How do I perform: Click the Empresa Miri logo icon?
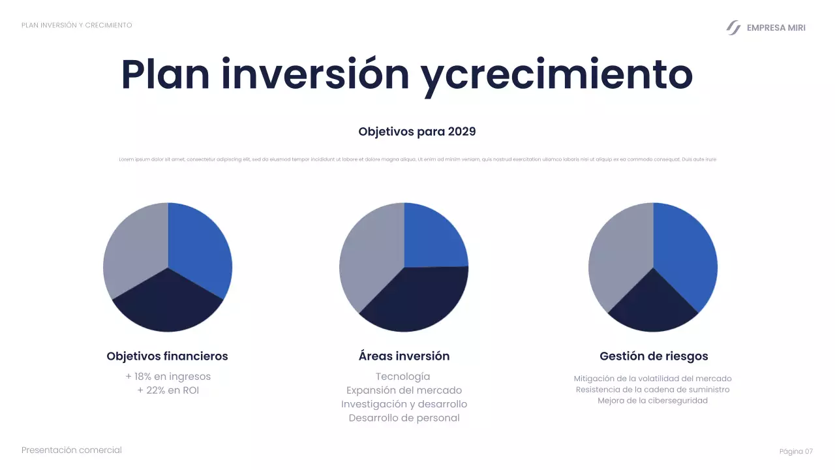[x=734, y=27]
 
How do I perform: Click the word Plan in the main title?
[x=165, y=75]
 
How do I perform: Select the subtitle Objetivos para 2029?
[x=417, y=132]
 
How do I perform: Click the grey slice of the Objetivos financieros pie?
[x=134, y=251]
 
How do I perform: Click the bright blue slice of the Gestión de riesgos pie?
[x=685, y=258]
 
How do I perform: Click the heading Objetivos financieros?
[x=167, y=356]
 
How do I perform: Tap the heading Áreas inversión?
[x=404, y=356]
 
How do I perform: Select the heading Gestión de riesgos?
[x=653, y=356]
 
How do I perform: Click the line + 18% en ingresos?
[x=168, y=377]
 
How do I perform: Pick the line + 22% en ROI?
[x=168, y=390]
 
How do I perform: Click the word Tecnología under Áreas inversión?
[x=403, y=377]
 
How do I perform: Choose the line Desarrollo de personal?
[x=404, y=418]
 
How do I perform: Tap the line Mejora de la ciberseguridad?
[x=652, y=401]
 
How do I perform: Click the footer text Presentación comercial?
[x=72, y=450]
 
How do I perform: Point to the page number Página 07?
[x=796, y=452]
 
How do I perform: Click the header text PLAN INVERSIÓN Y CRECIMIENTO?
[x=77, y=25]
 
